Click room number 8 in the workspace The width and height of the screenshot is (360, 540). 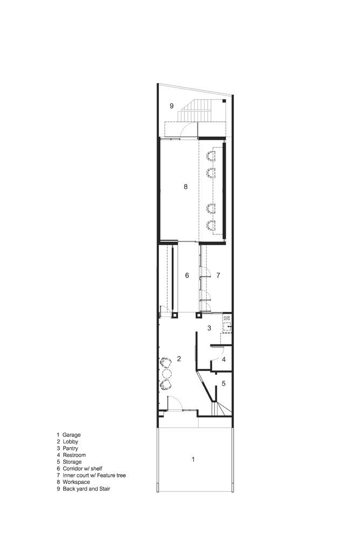(185, 187)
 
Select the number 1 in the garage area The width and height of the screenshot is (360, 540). (193, 460)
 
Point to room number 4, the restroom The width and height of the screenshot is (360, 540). (223, 359)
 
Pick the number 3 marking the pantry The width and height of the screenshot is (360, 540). (208, 328)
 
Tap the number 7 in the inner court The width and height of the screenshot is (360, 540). (218, 275)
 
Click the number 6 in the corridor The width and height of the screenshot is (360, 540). (187, 275)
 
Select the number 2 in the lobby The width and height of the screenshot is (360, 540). (179, 359)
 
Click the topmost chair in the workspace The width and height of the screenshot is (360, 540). (210, 156)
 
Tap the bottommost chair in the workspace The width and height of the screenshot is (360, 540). (210, 225)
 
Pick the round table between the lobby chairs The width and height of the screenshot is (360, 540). (167, 373)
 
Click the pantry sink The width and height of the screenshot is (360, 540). (228, 327)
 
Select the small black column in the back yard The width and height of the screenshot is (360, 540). (224, 102)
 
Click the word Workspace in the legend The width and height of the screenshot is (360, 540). (79, 482)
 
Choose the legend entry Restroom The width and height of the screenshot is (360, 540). (74, 455)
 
